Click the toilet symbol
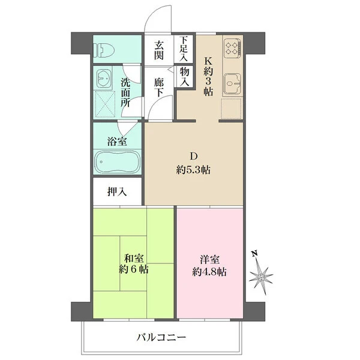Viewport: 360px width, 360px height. [x=104, y=50]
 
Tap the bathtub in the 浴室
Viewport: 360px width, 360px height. [x=118, y=162]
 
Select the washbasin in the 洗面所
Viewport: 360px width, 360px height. [x=104, y=78]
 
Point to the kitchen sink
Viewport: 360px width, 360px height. [x=232, y=83]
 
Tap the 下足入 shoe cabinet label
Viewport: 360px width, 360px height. [x=184, y=49]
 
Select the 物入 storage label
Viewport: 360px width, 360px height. [x=184, y=77]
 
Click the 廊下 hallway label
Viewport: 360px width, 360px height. [x=158, y=87]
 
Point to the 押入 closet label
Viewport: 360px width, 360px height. [x=117, y=191]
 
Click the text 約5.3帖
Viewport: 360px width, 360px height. [x=193, y=170]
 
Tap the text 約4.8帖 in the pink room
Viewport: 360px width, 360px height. [x=209, y=272]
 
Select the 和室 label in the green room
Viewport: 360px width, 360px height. [x=134, y=259]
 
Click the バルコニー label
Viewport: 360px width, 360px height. [x=161, y=337]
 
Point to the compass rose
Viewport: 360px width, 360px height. [x=261, y=277]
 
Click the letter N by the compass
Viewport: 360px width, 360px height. [x=254, y=254]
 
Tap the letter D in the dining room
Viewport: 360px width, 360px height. [x=193, y=157]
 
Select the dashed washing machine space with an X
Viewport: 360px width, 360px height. [x=104, y=104]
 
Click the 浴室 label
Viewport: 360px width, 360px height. [x=117, y=141]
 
